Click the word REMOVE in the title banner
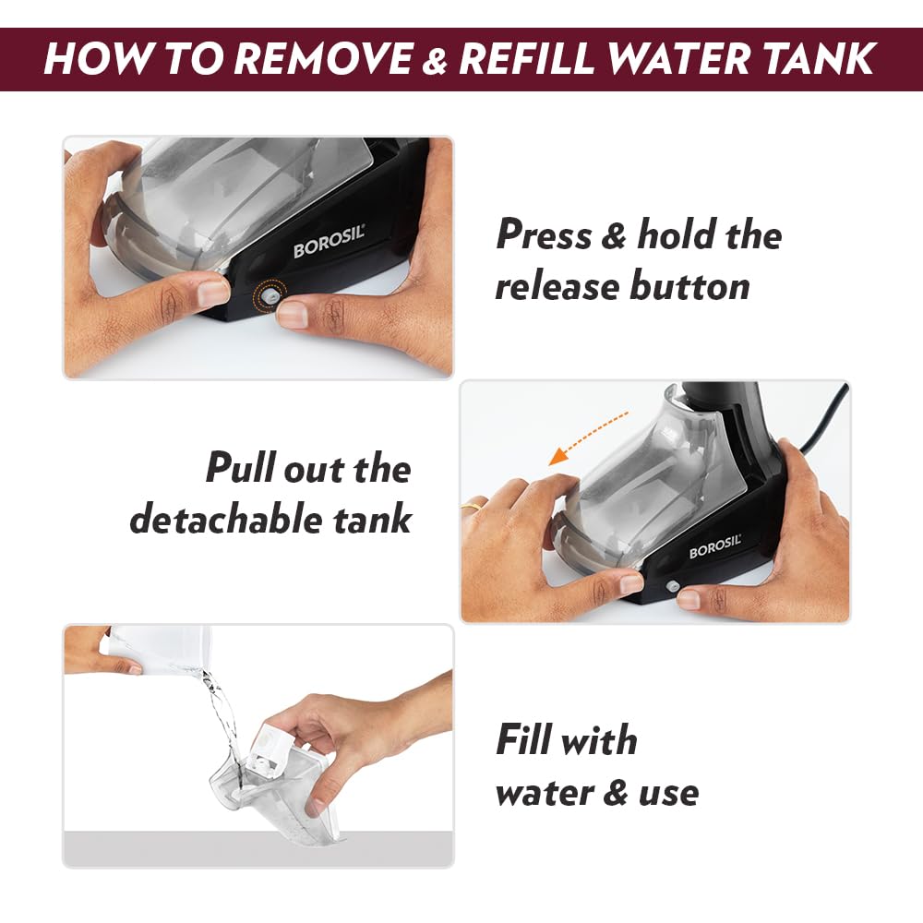(324, 58)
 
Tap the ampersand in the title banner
(435, 59)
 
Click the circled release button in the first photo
(270, 295)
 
